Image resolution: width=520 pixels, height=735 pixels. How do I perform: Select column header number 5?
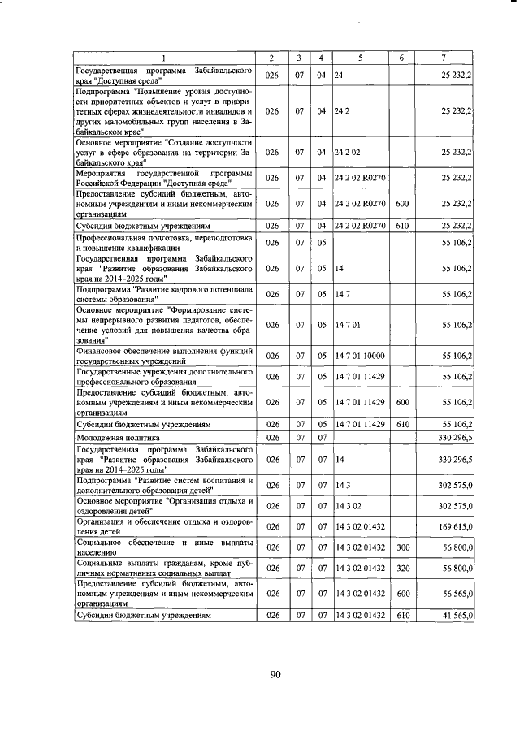pos(360,58)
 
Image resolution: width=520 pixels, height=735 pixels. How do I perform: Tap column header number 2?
pos(273,58)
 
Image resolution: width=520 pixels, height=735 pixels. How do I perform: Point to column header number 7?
pos(444,58)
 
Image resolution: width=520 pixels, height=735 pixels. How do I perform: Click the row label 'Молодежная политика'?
pos(115,438)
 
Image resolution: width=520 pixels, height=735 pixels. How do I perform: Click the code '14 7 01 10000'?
pos(359,355)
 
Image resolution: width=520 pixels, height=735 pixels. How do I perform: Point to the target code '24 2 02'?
pos(348,152)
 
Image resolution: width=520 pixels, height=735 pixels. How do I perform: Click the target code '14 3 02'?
pos(348,504)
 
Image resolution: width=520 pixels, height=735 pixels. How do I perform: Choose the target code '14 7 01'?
pos(348,325)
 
